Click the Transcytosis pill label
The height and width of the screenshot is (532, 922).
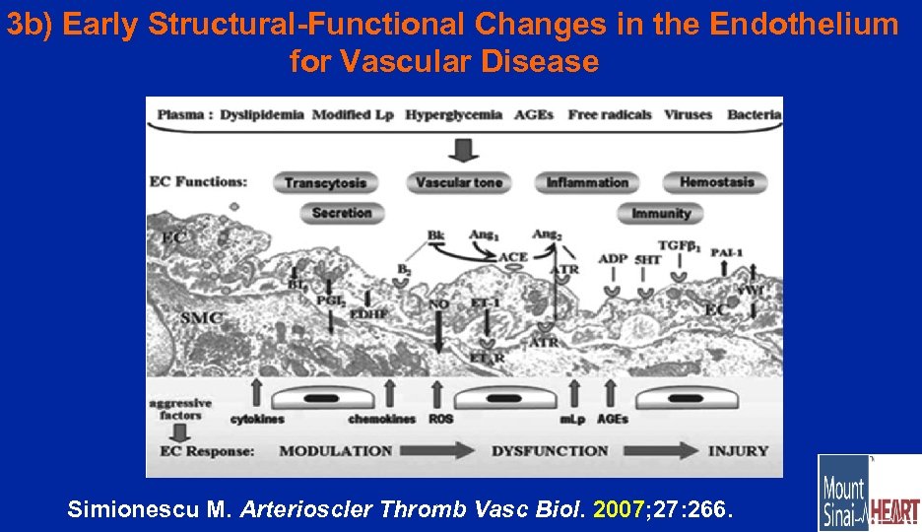point(325,182)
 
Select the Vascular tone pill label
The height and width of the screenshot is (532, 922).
point(458,182)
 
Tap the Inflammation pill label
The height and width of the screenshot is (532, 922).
point(587,182)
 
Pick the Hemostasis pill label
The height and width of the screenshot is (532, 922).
point(716,181)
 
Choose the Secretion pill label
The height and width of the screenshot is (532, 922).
point(342,213)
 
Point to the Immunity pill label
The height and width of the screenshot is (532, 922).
point(661,213)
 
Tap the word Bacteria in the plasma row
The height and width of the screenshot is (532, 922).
point(754,114)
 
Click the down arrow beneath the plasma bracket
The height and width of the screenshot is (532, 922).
point(463,149)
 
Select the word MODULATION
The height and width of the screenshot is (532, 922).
point(335,451)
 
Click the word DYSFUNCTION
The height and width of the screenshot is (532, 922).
point(549,451)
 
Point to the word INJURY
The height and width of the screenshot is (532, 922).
point(738,451)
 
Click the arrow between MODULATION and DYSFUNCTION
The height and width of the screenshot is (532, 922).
point(441,450)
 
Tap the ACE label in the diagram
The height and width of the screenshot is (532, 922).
point(513,257)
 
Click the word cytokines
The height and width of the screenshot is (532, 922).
point(258,419)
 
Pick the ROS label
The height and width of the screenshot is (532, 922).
point(441,419)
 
